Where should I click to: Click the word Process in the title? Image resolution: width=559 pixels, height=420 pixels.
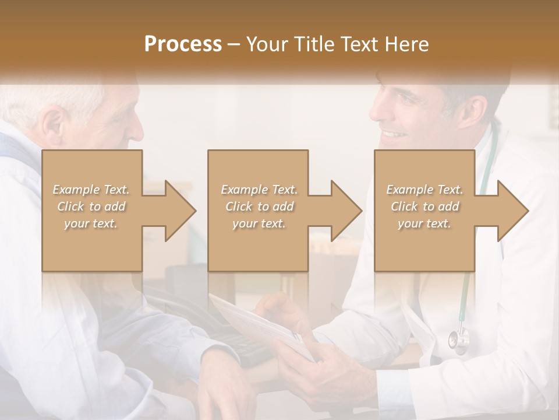183,44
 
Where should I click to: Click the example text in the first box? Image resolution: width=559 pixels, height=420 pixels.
91,206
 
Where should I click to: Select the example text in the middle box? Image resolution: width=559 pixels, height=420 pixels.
259,206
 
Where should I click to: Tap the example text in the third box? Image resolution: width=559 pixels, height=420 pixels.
424,206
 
